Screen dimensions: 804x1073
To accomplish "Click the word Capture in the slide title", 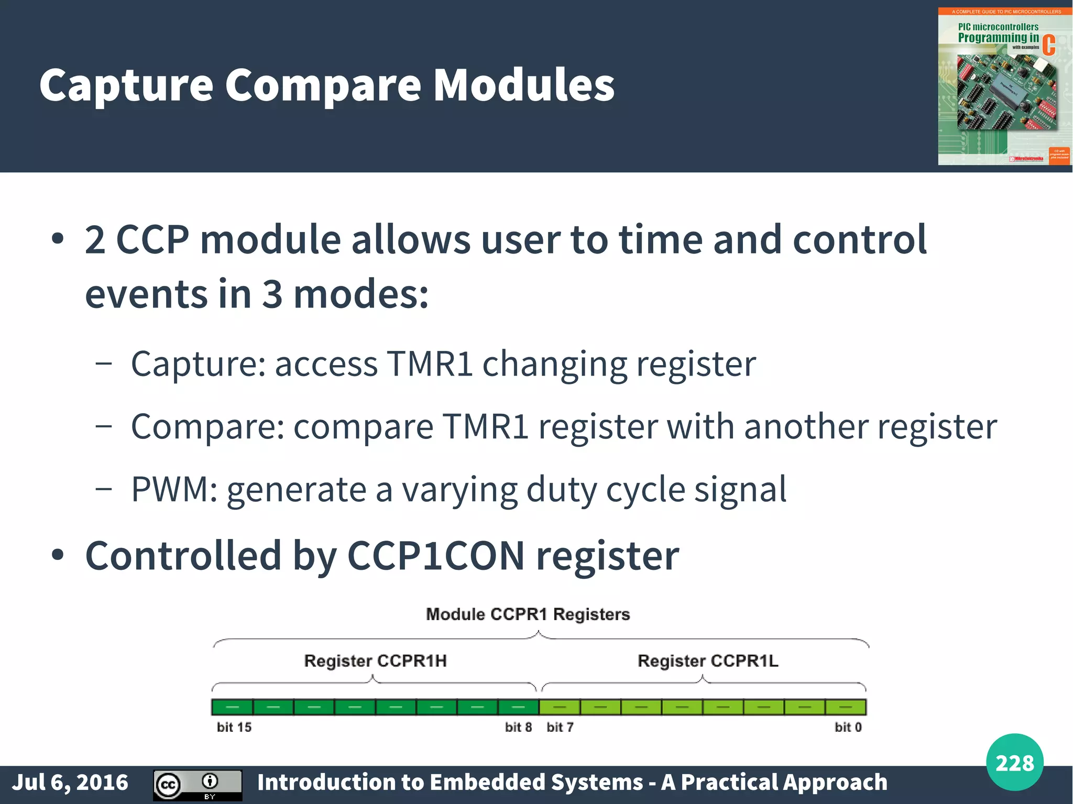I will click(126, 85).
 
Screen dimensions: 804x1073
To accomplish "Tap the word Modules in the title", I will click(524, 85).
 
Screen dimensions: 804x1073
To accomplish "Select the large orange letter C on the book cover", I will click(1048, 45).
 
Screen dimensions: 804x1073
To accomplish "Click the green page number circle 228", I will click(1014, 763).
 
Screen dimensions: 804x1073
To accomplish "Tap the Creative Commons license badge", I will click(198, 785).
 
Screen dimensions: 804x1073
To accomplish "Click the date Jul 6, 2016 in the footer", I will click(70, 783).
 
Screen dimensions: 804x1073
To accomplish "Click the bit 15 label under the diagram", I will click(234, 727).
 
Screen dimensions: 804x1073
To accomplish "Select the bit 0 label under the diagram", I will click(848, 727).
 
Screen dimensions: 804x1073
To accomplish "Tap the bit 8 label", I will click(518, 727).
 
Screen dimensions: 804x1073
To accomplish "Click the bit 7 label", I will click(560, 727).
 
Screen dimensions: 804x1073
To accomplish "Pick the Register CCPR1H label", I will click(375, 661).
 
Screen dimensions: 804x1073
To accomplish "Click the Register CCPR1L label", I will click(708, 661).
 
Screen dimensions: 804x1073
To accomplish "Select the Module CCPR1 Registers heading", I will click(528, 614).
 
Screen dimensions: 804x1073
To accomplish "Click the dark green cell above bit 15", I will click(232, 707).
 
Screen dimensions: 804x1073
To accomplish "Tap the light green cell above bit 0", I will click(846, 707).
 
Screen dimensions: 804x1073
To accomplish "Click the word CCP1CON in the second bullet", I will click(435, 556).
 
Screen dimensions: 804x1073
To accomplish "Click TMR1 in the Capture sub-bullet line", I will click(430, 364).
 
